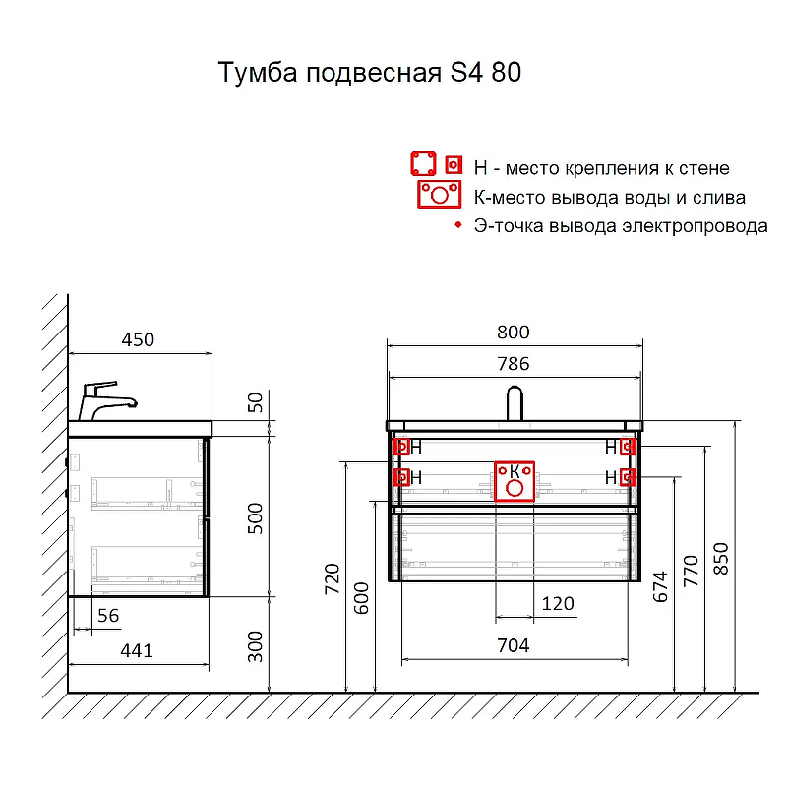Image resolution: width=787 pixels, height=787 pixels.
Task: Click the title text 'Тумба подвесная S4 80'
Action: [x=370, y=72]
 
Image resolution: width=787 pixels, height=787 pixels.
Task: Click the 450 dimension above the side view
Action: [x=138, y=339]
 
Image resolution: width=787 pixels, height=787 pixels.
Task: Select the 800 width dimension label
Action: [x=513, y=333]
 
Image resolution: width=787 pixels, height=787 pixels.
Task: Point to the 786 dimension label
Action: [x=513, y=364]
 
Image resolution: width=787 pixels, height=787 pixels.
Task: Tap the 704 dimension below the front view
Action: [x=513, y=645]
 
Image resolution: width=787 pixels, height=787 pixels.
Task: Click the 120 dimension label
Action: [x=558, y=603]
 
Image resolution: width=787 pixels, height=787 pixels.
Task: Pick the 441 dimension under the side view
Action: [x=137, y=651]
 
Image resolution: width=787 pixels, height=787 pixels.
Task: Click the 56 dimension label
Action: [x=108, y=616]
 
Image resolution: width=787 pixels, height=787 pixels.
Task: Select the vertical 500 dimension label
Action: [x=255, y=518]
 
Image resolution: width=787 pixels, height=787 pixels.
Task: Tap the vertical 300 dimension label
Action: [x=255, y=646]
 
